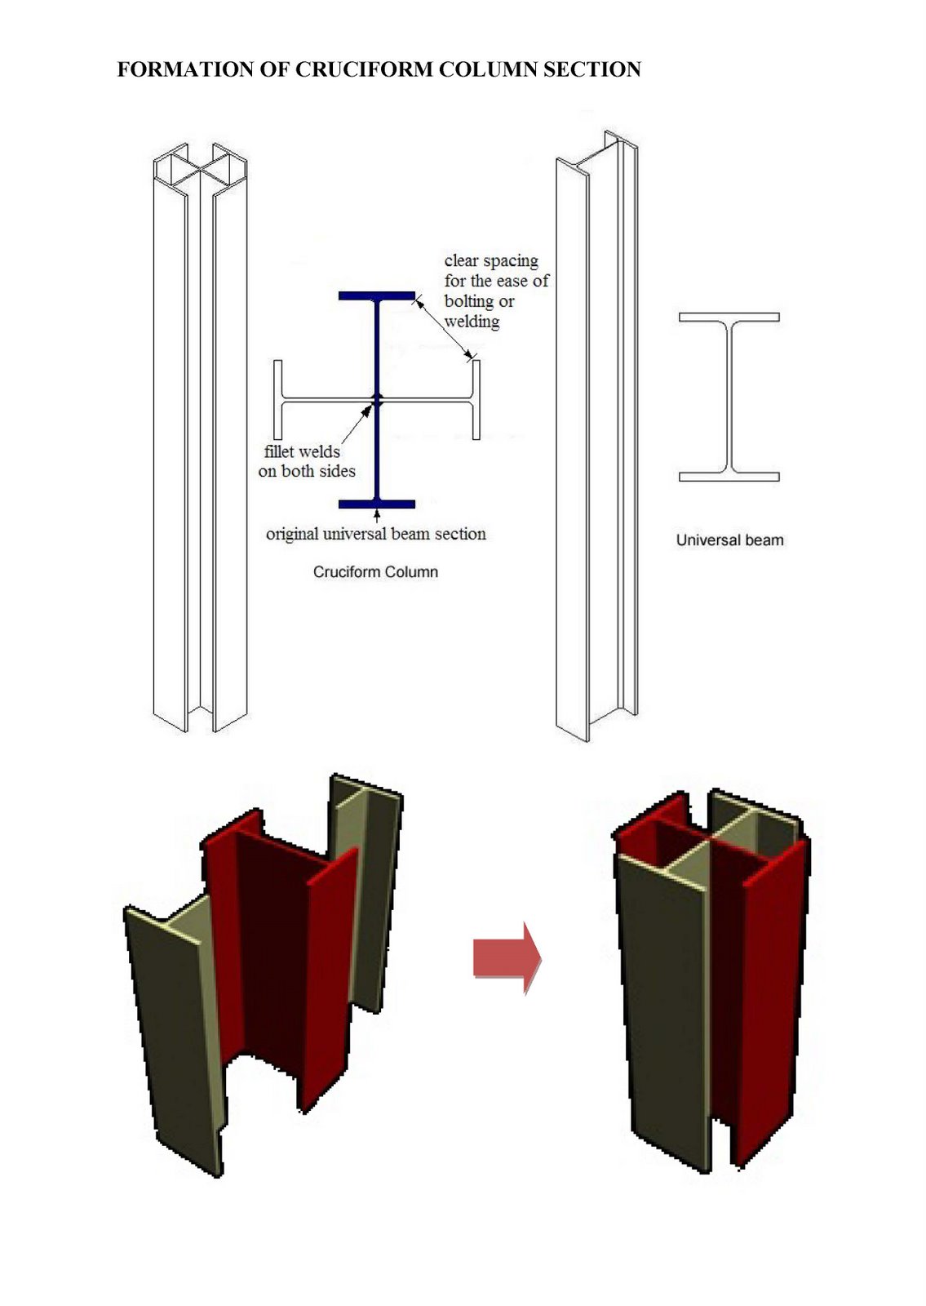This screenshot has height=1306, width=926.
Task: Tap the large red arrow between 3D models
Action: [x=506, y=957]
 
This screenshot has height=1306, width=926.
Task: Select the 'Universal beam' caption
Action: [x=729, y=540]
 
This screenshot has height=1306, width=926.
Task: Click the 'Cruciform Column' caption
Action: [x=375, y=572]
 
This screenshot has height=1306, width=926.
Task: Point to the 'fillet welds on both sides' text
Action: [x=307, y=461]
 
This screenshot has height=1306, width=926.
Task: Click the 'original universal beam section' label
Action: [x=375, y=534]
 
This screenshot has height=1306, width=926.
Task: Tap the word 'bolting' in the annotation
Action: [x=469, y=300]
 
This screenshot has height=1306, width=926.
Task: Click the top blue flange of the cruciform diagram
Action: [x=376, y=296]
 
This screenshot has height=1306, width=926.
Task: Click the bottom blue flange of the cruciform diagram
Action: [x=376, y=504]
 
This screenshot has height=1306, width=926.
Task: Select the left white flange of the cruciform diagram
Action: [x=278, y=399]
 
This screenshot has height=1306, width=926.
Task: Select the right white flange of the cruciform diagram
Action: [x=476, y=399]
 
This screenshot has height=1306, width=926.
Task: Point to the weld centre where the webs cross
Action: [x=377, y=399]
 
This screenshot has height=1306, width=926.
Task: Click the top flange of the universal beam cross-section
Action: [x=729, y=317]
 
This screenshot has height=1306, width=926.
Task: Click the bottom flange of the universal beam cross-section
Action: [x=729, y=477]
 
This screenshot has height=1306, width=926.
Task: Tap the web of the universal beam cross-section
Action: [x=729, y=396]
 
